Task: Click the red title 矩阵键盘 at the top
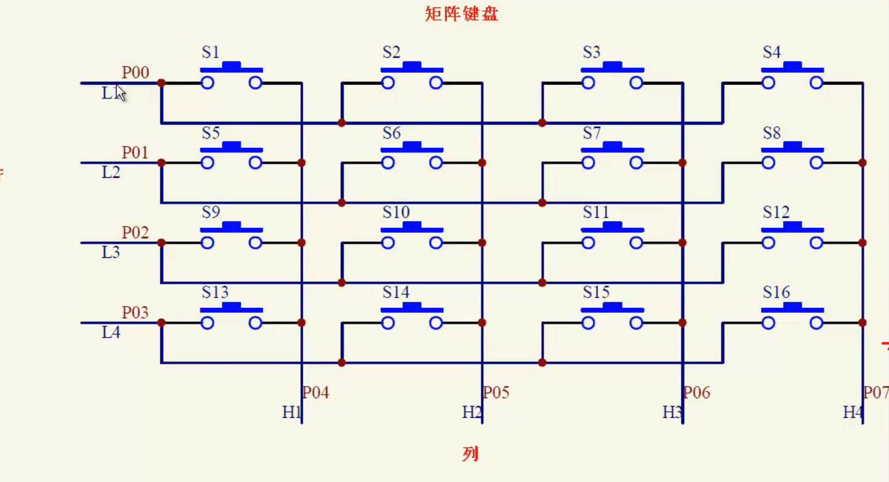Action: (x=461, y=14)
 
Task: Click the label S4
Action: (x=771, y=52)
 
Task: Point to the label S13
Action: (x=215, y=292)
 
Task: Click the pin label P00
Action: (x=135, y=73)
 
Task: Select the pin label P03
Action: (x=135, y=313)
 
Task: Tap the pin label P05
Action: (x=496, y=393)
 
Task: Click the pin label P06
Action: (x=697, y=393)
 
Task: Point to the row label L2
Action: (x=111, y=173)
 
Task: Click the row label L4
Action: (x=111, y=333)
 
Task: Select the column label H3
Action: (x=672, y=412)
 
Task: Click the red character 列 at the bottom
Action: (x=470, y=454)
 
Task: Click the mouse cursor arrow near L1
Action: (x=120, y=92)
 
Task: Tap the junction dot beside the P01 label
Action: (x=161, y=163)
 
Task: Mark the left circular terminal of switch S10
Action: (x=388, y=243)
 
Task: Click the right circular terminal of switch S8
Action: (x=816, y=163)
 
